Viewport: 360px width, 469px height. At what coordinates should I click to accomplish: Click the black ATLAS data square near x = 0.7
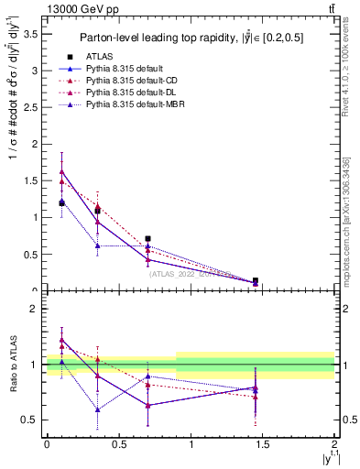click(x=147, y=238)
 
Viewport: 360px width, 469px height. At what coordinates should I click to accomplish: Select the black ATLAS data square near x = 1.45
click(x=256, y=280)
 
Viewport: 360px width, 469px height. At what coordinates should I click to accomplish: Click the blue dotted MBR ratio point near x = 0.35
click(x=97, y=409)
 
